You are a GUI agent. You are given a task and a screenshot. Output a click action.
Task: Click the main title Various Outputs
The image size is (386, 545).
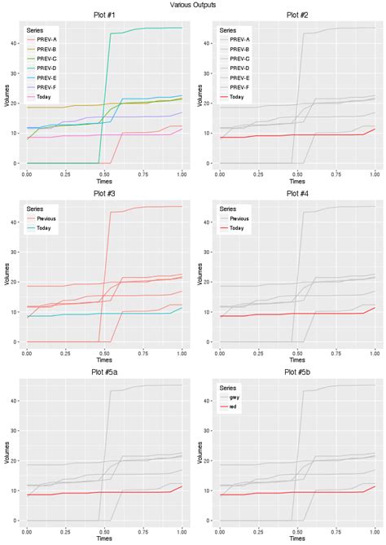193,5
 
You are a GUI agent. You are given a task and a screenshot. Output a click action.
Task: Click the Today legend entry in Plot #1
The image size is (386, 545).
44,96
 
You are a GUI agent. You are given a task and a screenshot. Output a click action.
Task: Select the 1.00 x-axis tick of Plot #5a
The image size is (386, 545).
180,530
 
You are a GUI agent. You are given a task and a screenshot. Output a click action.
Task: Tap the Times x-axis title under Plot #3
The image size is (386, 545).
103,360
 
